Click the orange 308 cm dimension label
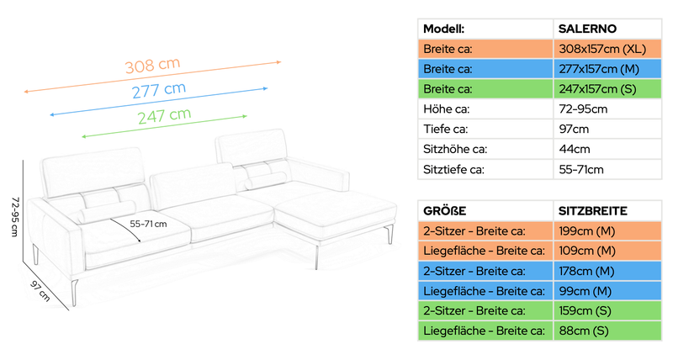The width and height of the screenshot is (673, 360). coord(152,66)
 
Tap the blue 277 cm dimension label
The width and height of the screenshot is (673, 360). coord(159,90)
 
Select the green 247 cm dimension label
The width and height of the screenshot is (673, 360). coord(164,116)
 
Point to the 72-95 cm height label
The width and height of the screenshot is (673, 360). coord(15,217)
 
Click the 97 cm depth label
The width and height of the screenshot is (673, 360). coord(40,290)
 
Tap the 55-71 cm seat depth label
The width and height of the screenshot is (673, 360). coord(148,224)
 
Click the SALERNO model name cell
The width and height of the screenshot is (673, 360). coord(607,29)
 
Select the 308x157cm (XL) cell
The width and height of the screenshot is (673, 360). coord(607,49)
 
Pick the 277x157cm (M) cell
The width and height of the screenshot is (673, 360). coord(607,69)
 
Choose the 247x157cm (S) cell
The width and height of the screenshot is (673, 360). coord(607,89)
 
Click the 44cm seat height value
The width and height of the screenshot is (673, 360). coord(575,150)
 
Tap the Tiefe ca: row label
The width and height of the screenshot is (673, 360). coord(446,130)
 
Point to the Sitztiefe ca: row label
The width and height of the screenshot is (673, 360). coord(453,170)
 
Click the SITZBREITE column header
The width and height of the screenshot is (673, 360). coord(593,211)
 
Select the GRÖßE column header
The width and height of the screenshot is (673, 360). coord(445,211)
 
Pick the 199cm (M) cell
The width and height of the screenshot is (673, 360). coord(607,231)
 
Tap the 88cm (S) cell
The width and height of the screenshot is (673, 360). coord(607,331)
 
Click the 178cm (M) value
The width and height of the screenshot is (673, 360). coord(586,271)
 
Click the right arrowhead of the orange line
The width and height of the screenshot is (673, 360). coord(279,62)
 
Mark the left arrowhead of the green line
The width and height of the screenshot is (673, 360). coord(84,136)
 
